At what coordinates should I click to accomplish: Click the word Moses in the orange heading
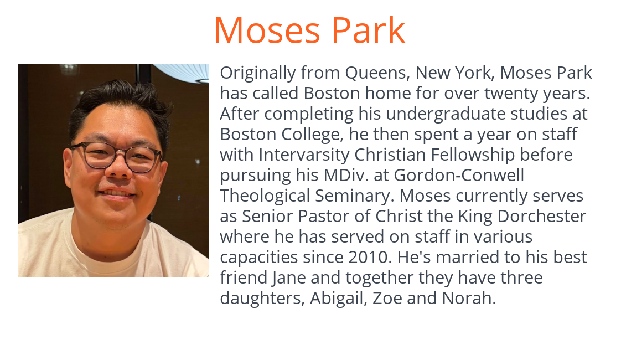click(267, 30)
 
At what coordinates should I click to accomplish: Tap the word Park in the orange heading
click(368, 30)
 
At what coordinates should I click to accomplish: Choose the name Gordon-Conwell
click(459, 175)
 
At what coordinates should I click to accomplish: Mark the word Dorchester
click(542, 217)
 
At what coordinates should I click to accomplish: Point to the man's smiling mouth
click(117, 194)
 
